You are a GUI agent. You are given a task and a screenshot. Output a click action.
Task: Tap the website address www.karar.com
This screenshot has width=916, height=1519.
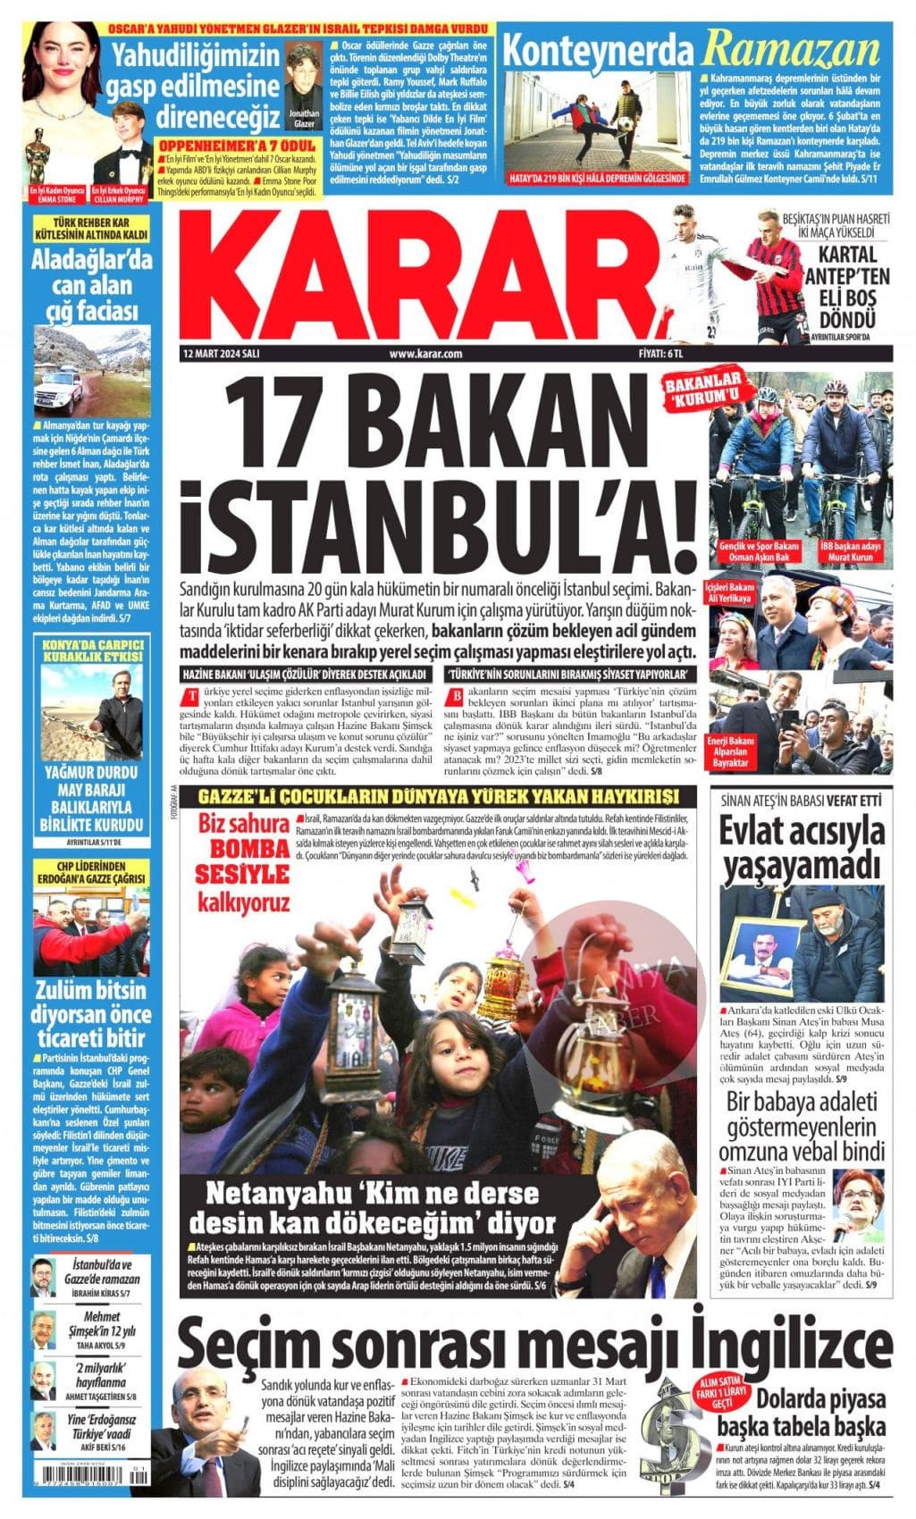pyautogui.click(x=425, y=353)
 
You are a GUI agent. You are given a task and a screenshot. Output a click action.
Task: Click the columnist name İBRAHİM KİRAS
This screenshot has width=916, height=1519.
pyautogui.click(x=101, y=1293)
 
